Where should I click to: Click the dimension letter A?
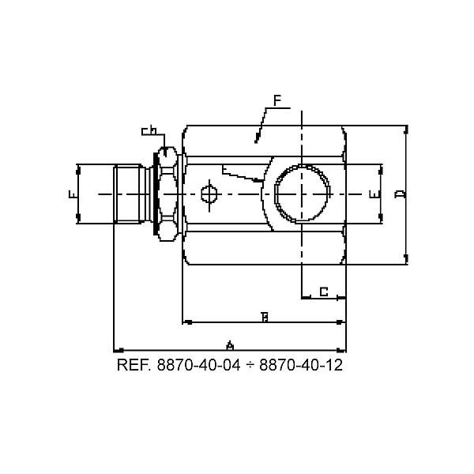pyautogui.click(x=230, y=345)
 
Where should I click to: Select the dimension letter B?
pyautogui.click(x=265, y=318)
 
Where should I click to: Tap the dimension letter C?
pyautogui.click(x=324, y=292)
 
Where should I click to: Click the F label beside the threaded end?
pyautogui.click(x=72, y=194)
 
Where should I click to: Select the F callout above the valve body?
pyautogui.click(x=277, y=100)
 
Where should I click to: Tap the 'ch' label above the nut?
pyautogui.click(x=149, y=130)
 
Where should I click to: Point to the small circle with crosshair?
pyautogui.click(x=208, y=194)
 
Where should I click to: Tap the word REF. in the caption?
pyautogui.click(x=135, y=366)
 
